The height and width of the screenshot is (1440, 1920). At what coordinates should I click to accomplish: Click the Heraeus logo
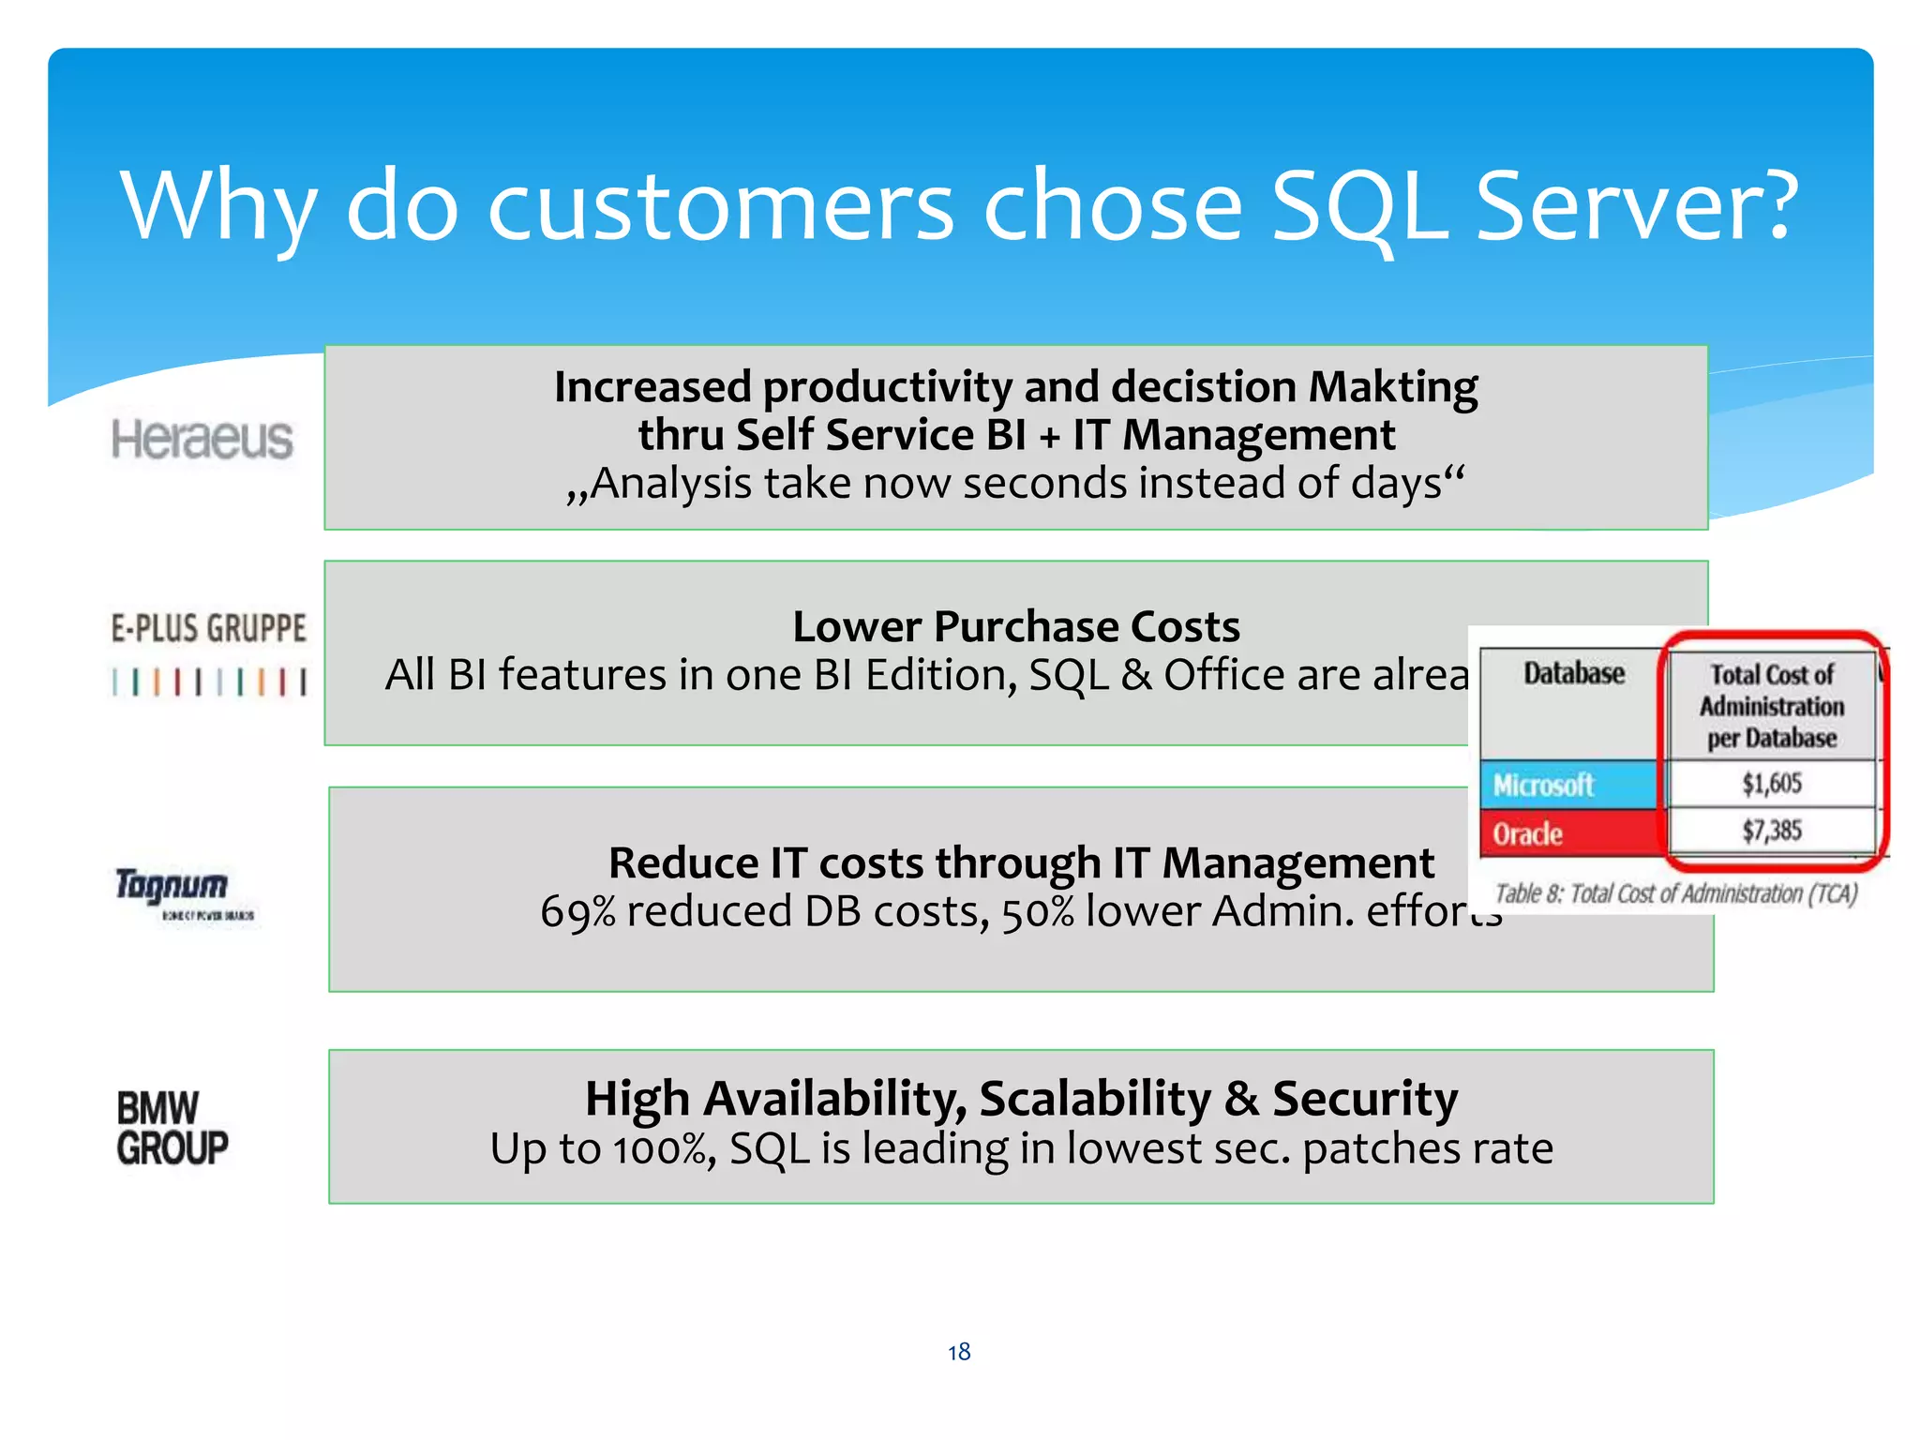click(x=202, y=440)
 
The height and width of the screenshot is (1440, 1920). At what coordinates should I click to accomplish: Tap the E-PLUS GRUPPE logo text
click(x=208, y=628)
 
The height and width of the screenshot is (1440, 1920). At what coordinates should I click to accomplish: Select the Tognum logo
click(x=172, y=885)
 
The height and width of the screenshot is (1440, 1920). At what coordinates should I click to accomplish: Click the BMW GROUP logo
click(x=172, y=1128)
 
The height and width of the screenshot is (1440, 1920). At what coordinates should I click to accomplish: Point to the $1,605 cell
click(x=1771, y=783)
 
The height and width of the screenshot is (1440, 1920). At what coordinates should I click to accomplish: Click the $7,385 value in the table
click(x=1771, y=831)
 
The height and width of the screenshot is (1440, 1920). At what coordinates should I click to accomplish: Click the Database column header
click(x=1573, y=673)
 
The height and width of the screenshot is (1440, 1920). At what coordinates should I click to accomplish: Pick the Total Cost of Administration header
click(x=1771, y=706)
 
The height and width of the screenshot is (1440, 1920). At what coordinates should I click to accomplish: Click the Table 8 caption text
click(x=1675, y=893)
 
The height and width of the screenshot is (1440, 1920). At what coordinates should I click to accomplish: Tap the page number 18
click(x=959, y=1352)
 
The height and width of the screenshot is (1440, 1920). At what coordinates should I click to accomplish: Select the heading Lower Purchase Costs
click(x=1016, y=626)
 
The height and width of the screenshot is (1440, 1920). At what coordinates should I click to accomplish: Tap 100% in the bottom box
click(x=663, y=1149)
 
